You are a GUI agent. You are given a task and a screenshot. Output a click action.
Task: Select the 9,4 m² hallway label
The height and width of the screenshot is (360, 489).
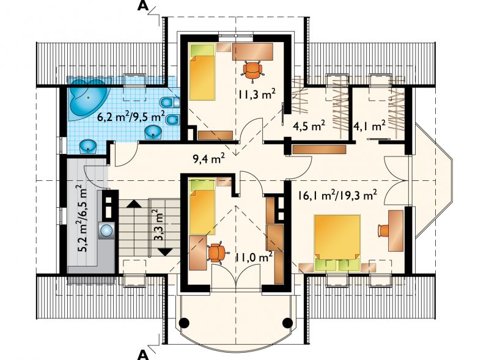pos(209,160)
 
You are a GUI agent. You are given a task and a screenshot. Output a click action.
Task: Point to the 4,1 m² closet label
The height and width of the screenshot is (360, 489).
pos(370,126)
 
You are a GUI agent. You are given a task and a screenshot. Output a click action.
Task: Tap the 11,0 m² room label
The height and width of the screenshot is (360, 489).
pos(254,257)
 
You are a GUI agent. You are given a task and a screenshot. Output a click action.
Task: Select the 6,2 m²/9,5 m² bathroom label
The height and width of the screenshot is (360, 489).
pos(131,117)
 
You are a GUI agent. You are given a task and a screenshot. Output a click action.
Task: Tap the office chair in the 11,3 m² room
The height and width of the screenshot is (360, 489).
pos(252,71)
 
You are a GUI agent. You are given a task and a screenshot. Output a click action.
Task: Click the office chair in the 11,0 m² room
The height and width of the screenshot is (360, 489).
pos(215,252)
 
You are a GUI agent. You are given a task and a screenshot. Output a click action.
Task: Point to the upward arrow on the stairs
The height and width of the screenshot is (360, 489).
pos(134,204)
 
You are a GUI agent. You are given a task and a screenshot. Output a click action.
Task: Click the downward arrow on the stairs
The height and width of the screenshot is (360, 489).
pos(165,251)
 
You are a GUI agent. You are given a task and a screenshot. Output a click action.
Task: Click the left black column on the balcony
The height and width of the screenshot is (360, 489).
pos(184,322)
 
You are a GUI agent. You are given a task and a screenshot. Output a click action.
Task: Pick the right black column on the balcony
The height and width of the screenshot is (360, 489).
pos(287,322)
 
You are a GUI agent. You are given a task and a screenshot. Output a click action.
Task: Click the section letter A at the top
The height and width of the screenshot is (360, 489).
pos(143,6)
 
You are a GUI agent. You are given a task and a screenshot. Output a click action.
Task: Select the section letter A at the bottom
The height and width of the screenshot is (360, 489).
pos(143,354)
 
